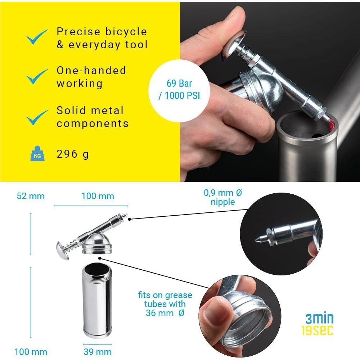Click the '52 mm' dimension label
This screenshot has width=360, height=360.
pyautogui.click(x=31, y=196)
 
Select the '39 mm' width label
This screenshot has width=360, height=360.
pyautogui.click(x=98, y=352)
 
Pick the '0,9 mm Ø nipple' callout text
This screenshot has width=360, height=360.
pyautogui.click(x=223, y=197)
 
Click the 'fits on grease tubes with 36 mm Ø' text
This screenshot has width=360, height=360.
pyautogui.click(x=165, y=304)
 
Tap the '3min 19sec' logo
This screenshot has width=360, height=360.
pyautogui.click(x=319, y=324)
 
